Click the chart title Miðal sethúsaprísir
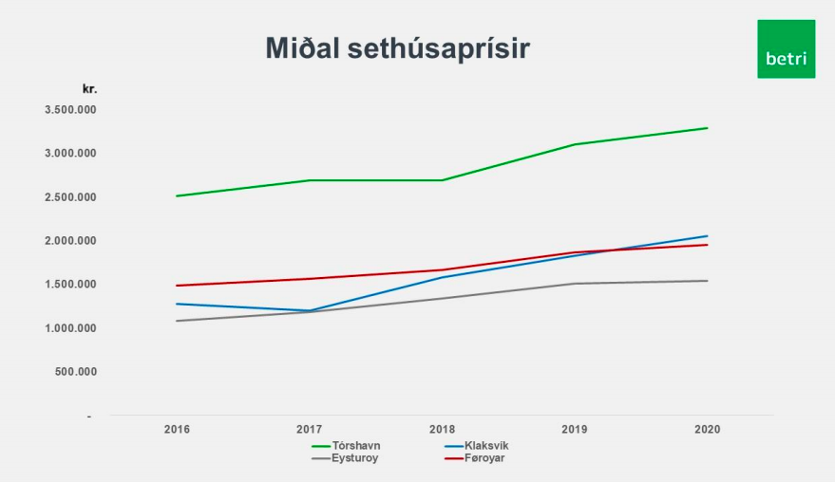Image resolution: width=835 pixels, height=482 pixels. pos(397,47)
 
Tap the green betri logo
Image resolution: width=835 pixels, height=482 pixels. pos(786,49)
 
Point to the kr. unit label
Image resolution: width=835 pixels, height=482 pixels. pos(89,89)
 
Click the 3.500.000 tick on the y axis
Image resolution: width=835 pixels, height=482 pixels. pos(71,110)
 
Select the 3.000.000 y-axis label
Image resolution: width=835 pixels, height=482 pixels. pos(71,153)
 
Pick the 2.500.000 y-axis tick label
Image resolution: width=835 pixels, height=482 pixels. pos(71,196)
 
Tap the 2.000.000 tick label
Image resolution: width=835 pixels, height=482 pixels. pos(71,240)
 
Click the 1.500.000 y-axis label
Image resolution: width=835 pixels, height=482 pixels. pos(71,284)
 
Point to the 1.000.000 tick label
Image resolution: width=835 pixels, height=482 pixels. pos(71,328)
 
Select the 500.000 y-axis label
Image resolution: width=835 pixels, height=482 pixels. pos(76,372)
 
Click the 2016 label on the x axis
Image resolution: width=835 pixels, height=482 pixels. pos(177,429)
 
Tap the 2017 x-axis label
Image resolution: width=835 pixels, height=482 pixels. pos(310,429)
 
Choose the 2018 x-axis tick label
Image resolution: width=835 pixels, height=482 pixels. pos(442,429)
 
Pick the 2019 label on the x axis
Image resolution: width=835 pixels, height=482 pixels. pos(575,429)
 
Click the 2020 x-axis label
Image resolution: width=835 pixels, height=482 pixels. pos(707,429)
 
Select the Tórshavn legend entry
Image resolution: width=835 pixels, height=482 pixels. pos(346,446)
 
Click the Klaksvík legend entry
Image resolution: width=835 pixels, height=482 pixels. pos(476,446)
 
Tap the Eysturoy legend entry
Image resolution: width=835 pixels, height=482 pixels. pos(345,458)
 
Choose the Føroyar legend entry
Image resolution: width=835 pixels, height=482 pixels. pos(474,458)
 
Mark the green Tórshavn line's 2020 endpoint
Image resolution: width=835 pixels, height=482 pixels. pos(707,128)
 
